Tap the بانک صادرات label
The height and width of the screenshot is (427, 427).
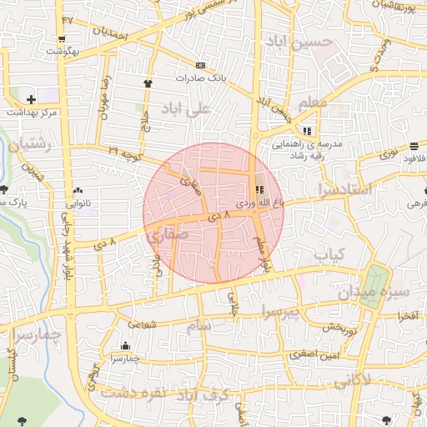point(200,78)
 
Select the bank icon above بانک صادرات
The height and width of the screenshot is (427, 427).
point(200,65)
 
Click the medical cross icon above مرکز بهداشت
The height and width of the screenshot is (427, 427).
point(31,100)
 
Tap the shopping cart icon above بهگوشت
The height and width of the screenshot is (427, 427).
point(63,39)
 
